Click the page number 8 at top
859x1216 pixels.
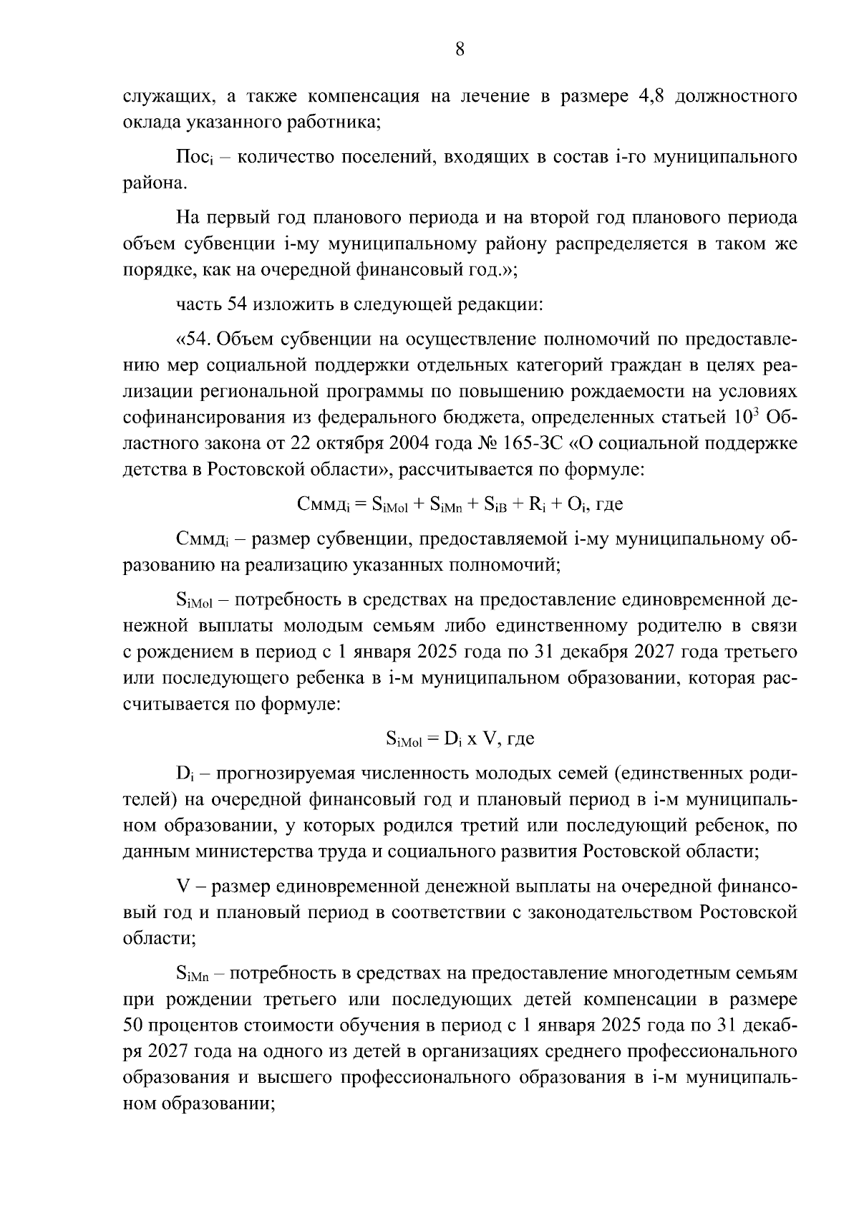[460, 49]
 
